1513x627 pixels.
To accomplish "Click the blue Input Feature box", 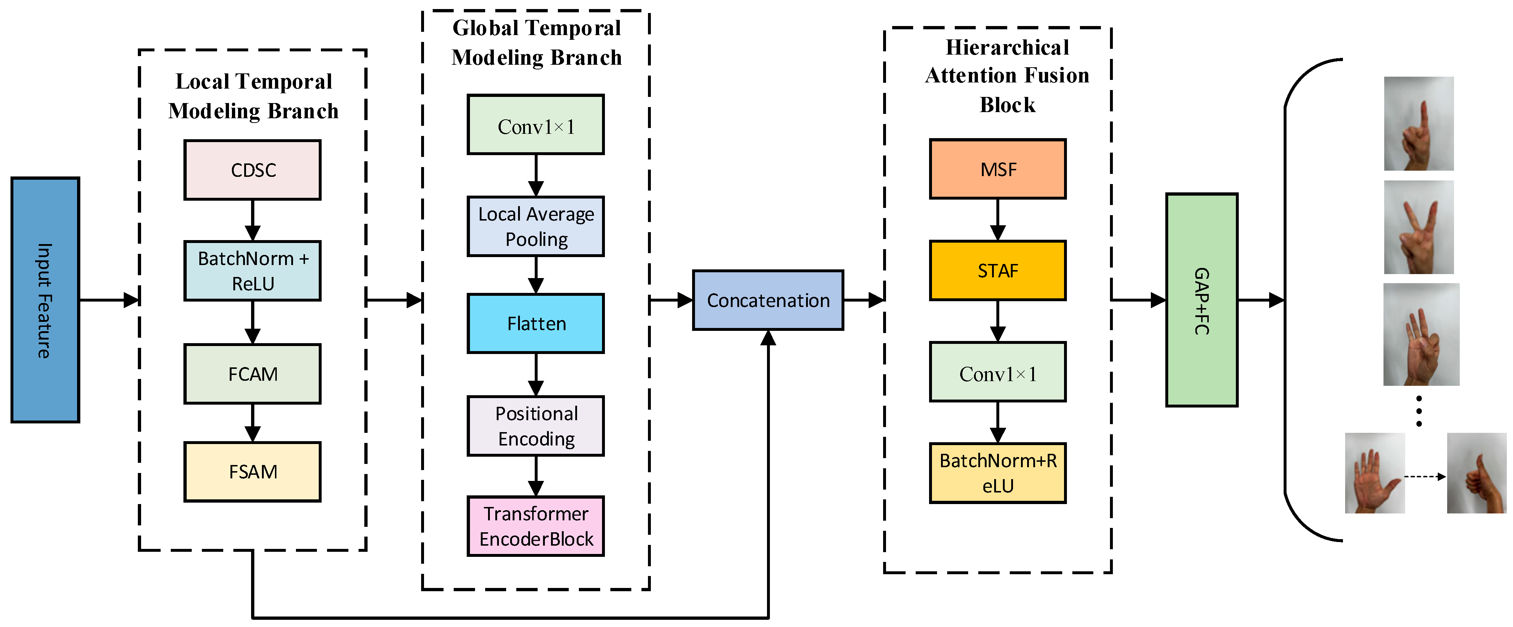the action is pyautogui.click(x=45, y=300).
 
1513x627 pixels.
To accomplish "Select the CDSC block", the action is pyautogui.click(x=253, y=170).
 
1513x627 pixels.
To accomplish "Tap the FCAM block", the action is pyautogui.click(x=253, y=374).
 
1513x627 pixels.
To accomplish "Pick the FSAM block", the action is pyautogui.click(x=253, y=472).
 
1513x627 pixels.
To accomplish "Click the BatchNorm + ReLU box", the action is pyautogui.click(x=253, y=271).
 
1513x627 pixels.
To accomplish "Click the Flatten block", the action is pyautogui.click(x=536, y=324).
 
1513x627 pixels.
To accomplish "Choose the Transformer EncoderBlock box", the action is pyautogui.click(x=536, y=526).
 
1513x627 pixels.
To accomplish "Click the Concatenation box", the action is pyautogui.click(x=768, y=300).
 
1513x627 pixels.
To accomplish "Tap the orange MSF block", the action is pyautogui.click(x=998, y=169).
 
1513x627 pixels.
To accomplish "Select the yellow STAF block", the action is pyautogui.click(x=998, y=270).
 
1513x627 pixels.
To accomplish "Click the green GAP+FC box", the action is pyautogui.click(x=1202, y=300).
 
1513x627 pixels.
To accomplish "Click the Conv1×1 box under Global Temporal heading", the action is pyautogui.click(x=536, y=124).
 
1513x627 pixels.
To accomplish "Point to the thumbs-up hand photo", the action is pyautogui.click(x=1476, y=473).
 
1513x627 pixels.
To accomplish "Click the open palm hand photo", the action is pyautogui.click(x=1375, y=473).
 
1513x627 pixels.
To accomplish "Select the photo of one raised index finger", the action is pyautogui.click(x=1419, y=124).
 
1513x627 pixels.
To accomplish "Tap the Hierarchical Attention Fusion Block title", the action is pyautogui.click(x=1007, y=76).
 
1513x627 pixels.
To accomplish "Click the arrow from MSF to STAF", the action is pyautogui.click(x=998, y=219).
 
